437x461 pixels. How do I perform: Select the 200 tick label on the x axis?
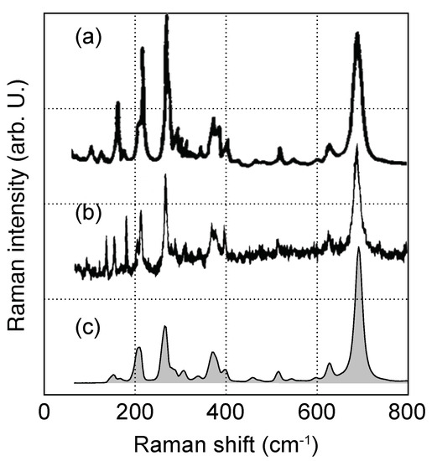[x=136, y=411]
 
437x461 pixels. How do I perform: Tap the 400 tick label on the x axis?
[x=226, y=411]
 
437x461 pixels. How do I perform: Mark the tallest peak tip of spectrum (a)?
[x=166, y=17]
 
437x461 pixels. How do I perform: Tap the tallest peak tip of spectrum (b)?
[x=356, y=148]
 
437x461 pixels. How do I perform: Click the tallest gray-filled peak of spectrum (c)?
[x=359, y=249]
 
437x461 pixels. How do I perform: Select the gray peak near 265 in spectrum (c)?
[x=165, y=327]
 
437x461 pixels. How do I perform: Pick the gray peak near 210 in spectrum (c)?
[x=139, y=348]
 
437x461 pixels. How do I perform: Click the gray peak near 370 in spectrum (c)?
[x=213, y=353]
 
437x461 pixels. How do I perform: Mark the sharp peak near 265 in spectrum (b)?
[x=165, y=175]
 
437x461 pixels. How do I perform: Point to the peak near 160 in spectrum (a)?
[x=117, y=103]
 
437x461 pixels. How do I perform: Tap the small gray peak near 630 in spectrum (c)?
[x=330, y=365]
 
